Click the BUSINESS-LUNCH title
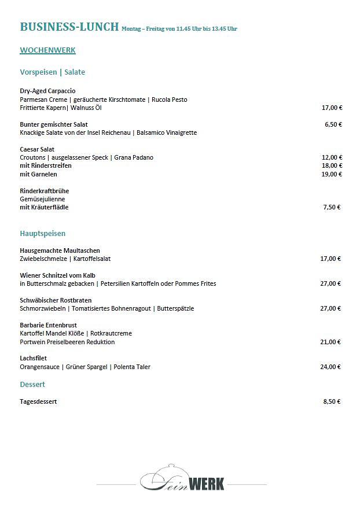69,27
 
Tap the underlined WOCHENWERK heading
47,50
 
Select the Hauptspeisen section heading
42,234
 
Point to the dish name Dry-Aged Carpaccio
47,91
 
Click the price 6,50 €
333,124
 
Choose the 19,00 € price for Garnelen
332,174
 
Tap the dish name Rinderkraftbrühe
44,191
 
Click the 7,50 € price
332,207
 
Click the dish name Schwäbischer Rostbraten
56,300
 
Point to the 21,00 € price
330,342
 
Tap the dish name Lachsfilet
33,359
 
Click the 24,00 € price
330,367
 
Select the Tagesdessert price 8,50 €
332,401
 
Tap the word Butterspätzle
175,309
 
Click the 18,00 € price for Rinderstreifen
332,166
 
